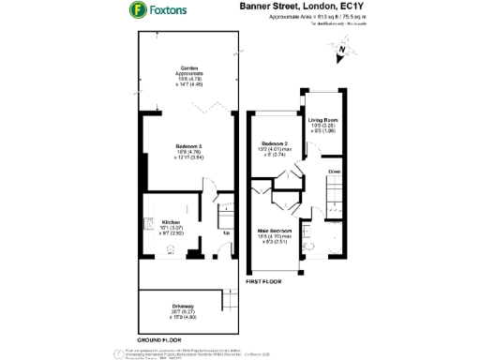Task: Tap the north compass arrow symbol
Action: [x=342, y=52]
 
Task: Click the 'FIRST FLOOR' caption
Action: [x=264, y=280]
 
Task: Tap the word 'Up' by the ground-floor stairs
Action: [x=225, y=232]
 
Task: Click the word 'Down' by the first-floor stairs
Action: [x=335, y=172]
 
